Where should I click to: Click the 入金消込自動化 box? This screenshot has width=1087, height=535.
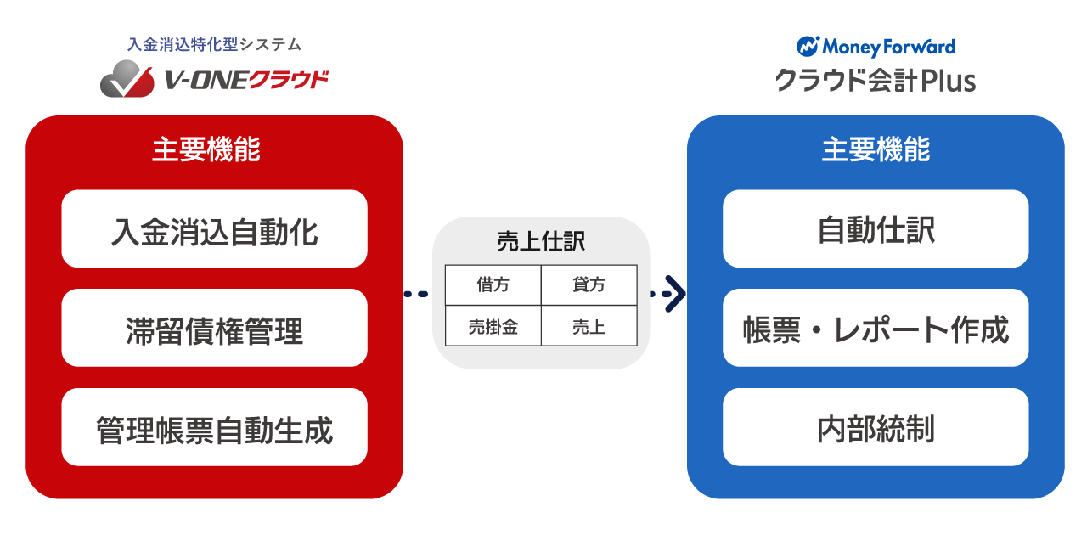[214, 229]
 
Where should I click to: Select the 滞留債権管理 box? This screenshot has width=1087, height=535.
[214, 329]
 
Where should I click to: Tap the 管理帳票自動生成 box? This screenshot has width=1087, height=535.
[214, 428]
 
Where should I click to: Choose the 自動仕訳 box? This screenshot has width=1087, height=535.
[876, 229]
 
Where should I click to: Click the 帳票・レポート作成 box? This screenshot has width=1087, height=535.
[876, 329]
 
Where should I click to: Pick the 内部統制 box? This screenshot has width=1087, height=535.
[876, 428]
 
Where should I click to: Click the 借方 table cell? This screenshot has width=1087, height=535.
[493, 284]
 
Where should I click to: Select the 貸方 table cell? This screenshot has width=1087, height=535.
[589, 284]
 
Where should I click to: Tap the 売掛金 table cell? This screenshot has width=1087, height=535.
[493, 326]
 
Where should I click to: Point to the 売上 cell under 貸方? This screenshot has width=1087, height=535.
[589, 326]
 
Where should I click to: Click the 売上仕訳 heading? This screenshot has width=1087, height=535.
[541, 242]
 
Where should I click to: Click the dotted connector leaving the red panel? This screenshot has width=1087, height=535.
[416, 294]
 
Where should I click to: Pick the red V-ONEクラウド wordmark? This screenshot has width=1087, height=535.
[245, 80]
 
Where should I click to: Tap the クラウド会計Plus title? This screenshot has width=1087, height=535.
[875, 81]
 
